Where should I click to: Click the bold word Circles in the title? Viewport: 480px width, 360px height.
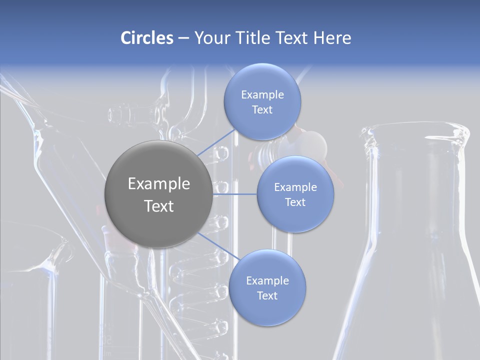tap(146, 38)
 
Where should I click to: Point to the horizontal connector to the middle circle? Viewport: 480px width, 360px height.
tap(234, 194)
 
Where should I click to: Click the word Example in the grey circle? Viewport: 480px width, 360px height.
tap(159, 184)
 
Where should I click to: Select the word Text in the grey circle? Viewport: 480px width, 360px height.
tap(159, 206)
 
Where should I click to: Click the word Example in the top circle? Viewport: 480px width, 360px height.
tap(262, 95)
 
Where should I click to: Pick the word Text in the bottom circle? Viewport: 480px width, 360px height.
tap(267, 296)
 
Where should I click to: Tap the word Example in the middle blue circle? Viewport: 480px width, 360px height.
tap(295, 187)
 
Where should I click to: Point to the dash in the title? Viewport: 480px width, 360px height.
tap(183, 38)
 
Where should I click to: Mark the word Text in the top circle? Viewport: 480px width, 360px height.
tap(262, 110)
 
